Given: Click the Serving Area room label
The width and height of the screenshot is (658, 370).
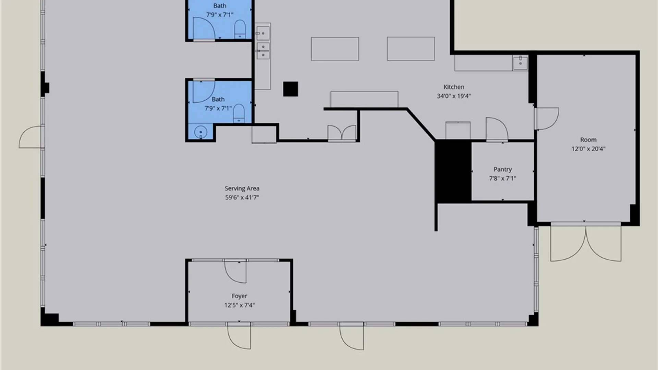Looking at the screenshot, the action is [242, 188].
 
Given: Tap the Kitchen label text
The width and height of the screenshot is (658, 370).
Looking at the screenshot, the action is [454, 87].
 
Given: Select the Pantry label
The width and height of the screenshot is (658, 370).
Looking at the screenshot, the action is [503, 170].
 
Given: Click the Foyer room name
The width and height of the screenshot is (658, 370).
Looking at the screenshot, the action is [239, 296].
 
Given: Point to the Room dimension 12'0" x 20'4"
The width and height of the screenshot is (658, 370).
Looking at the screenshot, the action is [588, 149].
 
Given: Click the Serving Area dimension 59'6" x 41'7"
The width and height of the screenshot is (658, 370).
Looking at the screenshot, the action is [242, 197].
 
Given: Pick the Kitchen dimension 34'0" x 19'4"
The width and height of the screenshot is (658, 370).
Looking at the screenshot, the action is [454, 96].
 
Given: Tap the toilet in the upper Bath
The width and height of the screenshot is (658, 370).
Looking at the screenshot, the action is [240, 29].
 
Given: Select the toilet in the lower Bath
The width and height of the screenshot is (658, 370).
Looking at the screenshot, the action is [239, 113].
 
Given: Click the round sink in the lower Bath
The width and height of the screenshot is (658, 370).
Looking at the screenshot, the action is [200, 132].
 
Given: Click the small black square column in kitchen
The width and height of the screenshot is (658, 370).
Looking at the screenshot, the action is [291, 89].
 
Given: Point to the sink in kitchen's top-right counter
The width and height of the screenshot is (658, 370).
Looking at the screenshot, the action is [520, 63].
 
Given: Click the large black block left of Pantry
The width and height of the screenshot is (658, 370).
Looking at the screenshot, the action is [453, 171].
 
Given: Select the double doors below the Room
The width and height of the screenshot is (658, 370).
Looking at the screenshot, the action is [586, 243].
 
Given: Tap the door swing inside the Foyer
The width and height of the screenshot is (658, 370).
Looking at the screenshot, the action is [236, 271].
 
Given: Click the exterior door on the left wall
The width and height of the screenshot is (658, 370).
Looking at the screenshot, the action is [32, 137].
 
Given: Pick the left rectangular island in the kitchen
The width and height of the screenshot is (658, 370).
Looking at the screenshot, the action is [335, 49].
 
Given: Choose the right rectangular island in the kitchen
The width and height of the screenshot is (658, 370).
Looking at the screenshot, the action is [411, 49].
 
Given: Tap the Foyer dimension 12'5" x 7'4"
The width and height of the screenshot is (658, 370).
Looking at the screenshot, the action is [240, 305].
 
